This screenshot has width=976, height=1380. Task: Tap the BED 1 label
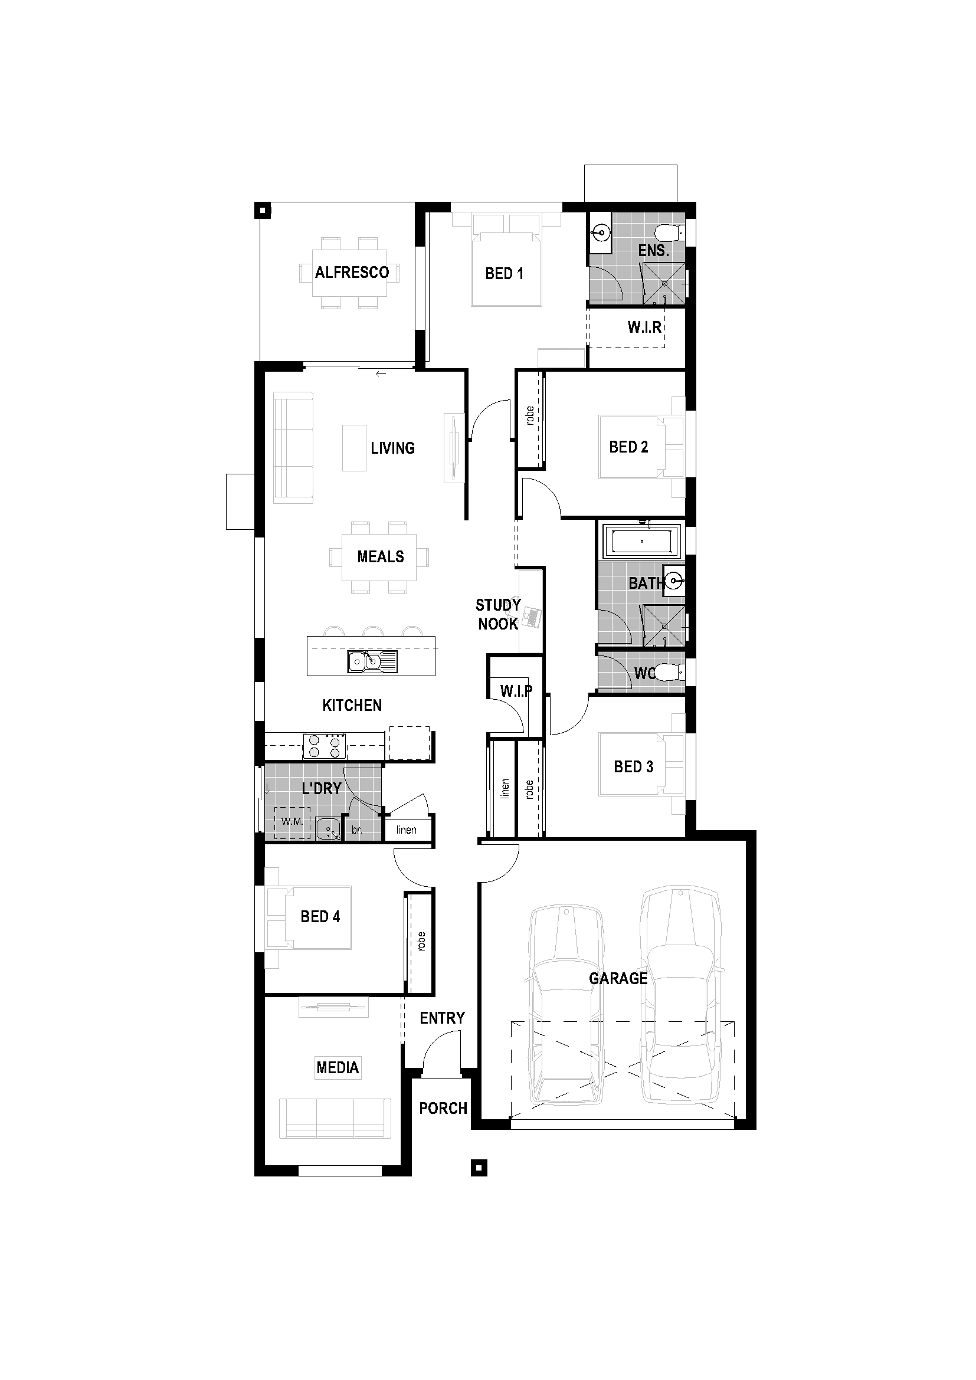503,274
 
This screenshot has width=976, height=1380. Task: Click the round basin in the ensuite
600,231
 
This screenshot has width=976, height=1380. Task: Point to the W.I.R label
644,327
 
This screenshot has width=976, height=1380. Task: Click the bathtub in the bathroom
641,541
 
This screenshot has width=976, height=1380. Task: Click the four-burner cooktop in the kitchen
325,746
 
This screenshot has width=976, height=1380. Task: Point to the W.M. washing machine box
292,822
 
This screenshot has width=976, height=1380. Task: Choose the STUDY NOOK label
497,614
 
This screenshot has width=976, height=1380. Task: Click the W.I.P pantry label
516,691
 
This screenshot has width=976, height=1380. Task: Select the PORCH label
443,1108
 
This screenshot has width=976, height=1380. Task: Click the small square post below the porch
479,1167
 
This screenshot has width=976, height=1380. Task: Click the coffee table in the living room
354,448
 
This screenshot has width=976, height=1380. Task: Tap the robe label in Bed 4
421,941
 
